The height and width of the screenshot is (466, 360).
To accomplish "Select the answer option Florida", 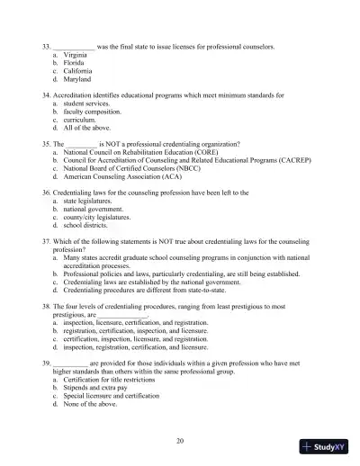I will click(x=74, y=62).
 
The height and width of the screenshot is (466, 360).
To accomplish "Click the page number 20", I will click(x=180, y=440).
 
